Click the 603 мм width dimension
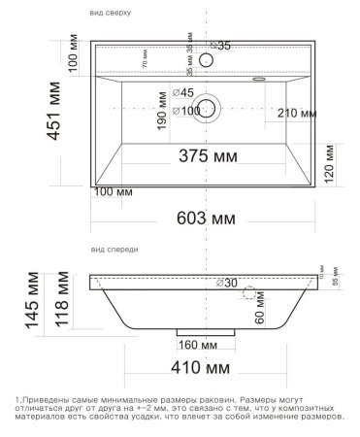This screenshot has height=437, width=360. [209, 219]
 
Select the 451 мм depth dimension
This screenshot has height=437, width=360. [61, 114]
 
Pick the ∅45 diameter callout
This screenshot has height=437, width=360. [183, 92]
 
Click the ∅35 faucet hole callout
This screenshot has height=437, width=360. [222, 46]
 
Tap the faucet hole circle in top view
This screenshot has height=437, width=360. [206, 61]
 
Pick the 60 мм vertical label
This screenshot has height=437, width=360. [260, 314]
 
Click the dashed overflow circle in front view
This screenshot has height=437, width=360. [249, 292]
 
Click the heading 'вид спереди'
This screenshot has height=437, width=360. [115, 250]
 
